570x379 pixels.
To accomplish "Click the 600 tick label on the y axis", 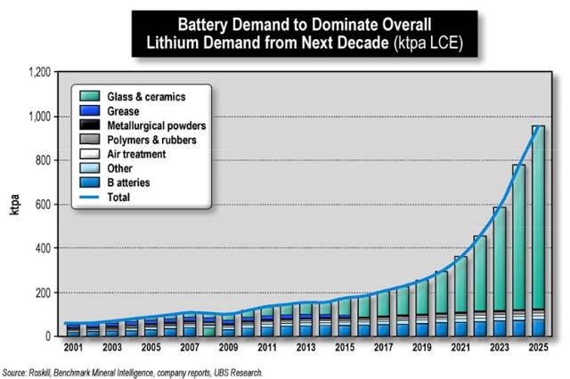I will tap(42, 205).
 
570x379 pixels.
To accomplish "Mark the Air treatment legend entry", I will tap(136, 154).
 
